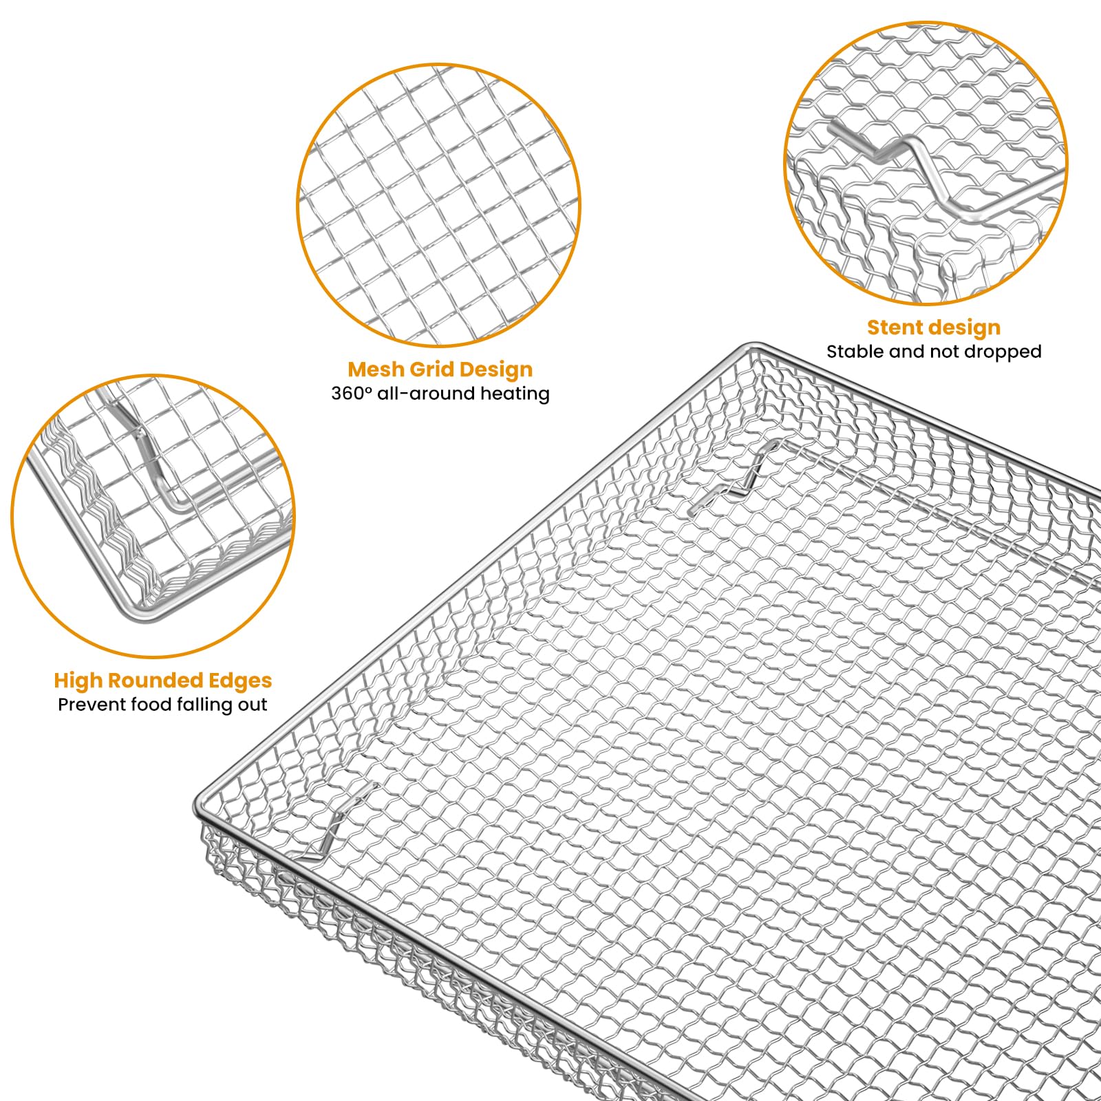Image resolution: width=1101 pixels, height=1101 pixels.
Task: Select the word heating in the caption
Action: (515, 394)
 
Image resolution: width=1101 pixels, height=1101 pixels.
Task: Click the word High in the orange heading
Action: (78, 681)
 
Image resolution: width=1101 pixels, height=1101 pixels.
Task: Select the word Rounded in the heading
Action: (145, 681)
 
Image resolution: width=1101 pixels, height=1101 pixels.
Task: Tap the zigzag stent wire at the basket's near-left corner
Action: (341, 822)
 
